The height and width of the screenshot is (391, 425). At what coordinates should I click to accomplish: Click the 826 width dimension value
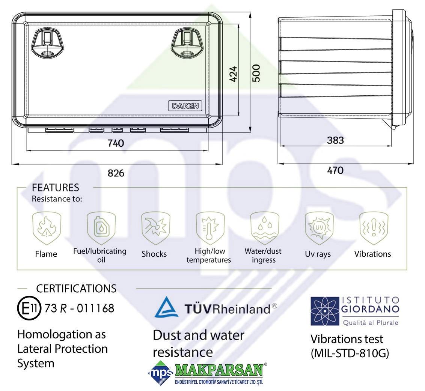(116, 173)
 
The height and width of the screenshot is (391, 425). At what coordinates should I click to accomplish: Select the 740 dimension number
(116, 143)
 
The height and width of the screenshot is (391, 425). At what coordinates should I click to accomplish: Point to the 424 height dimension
(233, 74)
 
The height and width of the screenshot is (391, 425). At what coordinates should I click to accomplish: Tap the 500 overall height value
(256, 73)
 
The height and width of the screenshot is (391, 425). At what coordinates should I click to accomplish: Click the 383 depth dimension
(335, 140)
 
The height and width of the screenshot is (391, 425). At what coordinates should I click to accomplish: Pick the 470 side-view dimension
(335, 170)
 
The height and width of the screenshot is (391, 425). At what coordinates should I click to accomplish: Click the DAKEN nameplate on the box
(185, 106)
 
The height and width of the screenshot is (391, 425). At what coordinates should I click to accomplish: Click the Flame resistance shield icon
(47, 228)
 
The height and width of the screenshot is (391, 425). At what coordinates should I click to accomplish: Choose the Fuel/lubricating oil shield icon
(101, 228)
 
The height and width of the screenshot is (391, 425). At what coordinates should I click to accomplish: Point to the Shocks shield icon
(155, 228)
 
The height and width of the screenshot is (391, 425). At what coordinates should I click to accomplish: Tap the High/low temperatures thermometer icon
(210, 228)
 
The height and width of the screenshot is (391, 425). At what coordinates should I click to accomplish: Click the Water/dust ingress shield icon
(265, 228)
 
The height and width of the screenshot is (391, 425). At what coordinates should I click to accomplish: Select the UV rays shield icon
(319, 228)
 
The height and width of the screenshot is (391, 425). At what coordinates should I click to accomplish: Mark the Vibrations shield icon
(374, 228)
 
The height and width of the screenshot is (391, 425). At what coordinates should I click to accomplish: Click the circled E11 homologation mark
(29, 308)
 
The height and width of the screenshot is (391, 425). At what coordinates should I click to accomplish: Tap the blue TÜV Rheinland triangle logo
(166, 307)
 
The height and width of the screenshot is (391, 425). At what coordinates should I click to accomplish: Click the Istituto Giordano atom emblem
(325, 311)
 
